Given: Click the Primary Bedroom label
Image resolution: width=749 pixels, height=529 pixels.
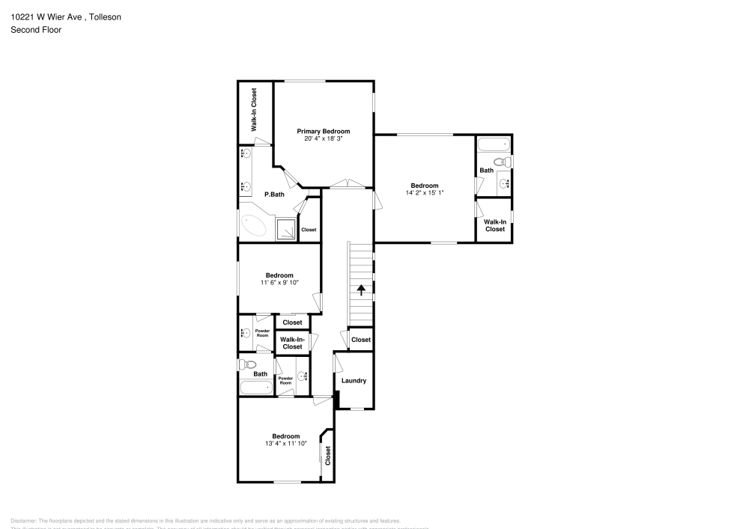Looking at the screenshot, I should (x=323, y=131).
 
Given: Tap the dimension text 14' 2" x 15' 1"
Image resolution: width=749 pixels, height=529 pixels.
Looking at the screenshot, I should (x=424, y=193).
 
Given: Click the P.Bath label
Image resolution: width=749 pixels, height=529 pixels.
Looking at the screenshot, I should (x=274, y=195).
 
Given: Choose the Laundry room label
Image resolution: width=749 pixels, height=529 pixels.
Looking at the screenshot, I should (x=354, y=381).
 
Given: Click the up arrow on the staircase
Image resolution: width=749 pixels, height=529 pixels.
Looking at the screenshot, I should (x=361, y=290).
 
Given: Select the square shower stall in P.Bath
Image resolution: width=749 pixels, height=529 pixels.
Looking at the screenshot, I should (x=286, y=229).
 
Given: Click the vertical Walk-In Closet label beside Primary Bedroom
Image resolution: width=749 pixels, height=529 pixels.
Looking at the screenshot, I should (x=254, y=110).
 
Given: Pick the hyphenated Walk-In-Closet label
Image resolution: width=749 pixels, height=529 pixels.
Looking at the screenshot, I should (x=292, y=343).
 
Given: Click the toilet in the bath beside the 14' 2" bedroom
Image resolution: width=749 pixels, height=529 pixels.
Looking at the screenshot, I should (x=501, y=162).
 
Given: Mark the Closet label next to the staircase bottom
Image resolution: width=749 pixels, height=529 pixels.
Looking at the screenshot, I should (x=361, y=340).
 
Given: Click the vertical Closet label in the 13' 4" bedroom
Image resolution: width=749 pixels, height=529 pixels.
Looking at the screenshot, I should (x=328, y=456).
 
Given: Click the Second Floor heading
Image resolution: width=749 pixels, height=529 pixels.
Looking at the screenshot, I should (x=36, y=30).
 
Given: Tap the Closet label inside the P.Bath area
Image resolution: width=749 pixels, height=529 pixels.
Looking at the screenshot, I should (x=309, y=230).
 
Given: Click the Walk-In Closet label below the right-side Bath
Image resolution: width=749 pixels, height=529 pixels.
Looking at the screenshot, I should (x=494, y=225).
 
